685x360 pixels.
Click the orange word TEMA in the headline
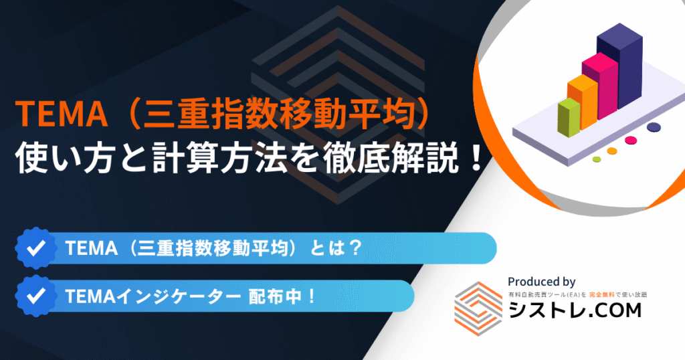[x=61, y=114]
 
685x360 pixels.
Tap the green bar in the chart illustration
[x=569, y=118]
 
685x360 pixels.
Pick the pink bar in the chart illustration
[x=600, y=86]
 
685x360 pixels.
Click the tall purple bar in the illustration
[x=619, y=66]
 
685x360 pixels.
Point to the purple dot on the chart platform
[x=654, y=127]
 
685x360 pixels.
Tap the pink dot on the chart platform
[x=631, y=141]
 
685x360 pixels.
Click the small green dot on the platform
[x=597, y=159]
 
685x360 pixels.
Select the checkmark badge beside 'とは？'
[x=35, y=248]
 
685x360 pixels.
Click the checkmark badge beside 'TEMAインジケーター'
[x=35, y=296]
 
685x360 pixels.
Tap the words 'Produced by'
[x=541, y=282]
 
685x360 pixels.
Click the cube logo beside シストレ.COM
[x=478, y=308]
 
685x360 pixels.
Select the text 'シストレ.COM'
[x=575, y=310]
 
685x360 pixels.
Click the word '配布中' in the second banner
[x=275, y=296]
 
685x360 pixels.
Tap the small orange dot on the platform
[x=612, y=151]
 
